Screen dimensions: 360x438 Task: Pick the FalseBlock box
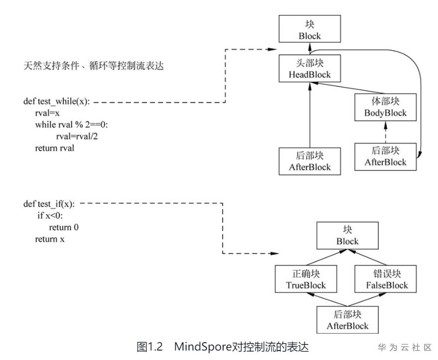[x=386, y=279]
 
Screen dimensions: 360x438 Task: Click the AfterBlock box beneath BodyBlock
[x=386, y=156]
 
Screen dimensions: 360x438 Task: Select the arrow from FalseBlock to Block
[x=371, y=257]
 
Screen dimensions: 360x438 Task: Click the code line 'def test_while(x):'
[x=57, y=102]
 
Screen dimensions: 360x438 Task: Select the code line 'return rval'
[x=55, y=148]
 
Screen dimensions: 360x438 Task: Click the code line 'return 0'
[x=64, y=227]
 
